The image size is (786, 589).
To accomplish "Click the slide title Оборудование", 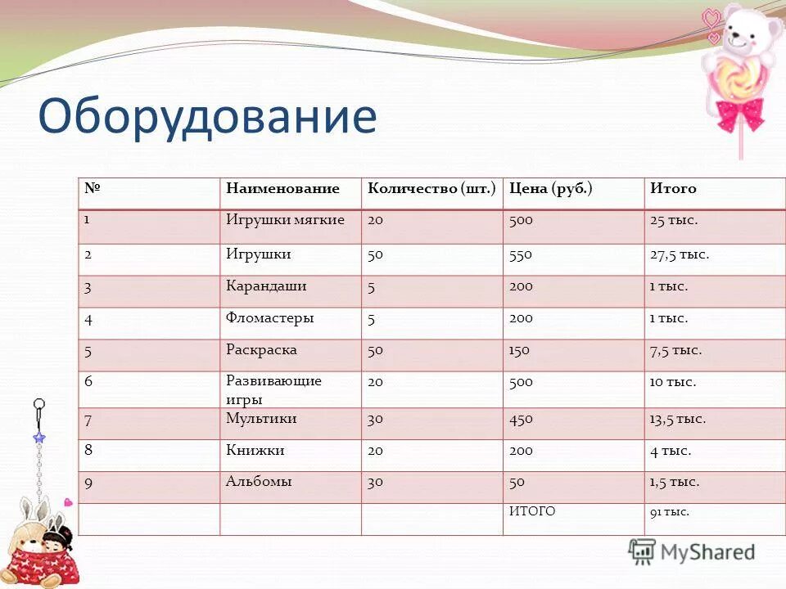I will pyautogui.click(x=207, y=116).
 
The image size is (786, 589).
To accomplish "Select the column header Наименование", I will pyautogui.click(x=282, y=189).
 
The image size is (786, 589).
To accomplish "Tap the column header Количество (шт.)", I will pyautogui.click(x=431, y=189).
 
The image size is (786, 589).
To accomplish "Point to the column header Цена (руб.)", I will pyautogui.click(x=550, y=189).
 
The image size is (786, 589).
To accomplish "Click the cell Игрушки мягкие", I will pyautogui.click(x=285, y=220).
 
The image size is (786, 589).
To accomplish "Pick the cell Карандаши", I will pyautogui.click(x=266, y=286).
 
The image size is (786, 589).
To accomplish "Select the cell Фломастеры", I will pyautogui.click(x=269, y=317).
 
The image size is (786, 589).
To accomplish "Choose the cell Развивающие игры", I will pyautogui.click(x=273, y=390).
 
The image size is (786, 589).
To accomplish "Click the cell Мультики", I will pyautogui.click(x=261, y=418).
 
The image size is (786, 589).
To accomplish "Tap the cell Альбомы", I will pyautogui.click(x=259, y=482).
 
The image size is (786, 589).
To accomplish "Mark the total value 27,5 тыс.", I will pyautogui.click(x=679, y=254).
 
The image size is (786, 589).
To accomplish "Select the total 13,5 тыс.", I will pyautogui.click(x=677, y=419).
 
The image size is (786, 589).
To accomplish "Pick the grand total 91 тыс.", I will pyautogui.click(x=669, y=512).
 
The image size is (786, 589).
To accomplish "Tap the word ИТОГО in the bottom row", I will pyautogui.click(x=532, y=511).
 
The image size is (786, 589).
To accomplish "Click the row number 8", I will pyautogui.click(x=88, y=450).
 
